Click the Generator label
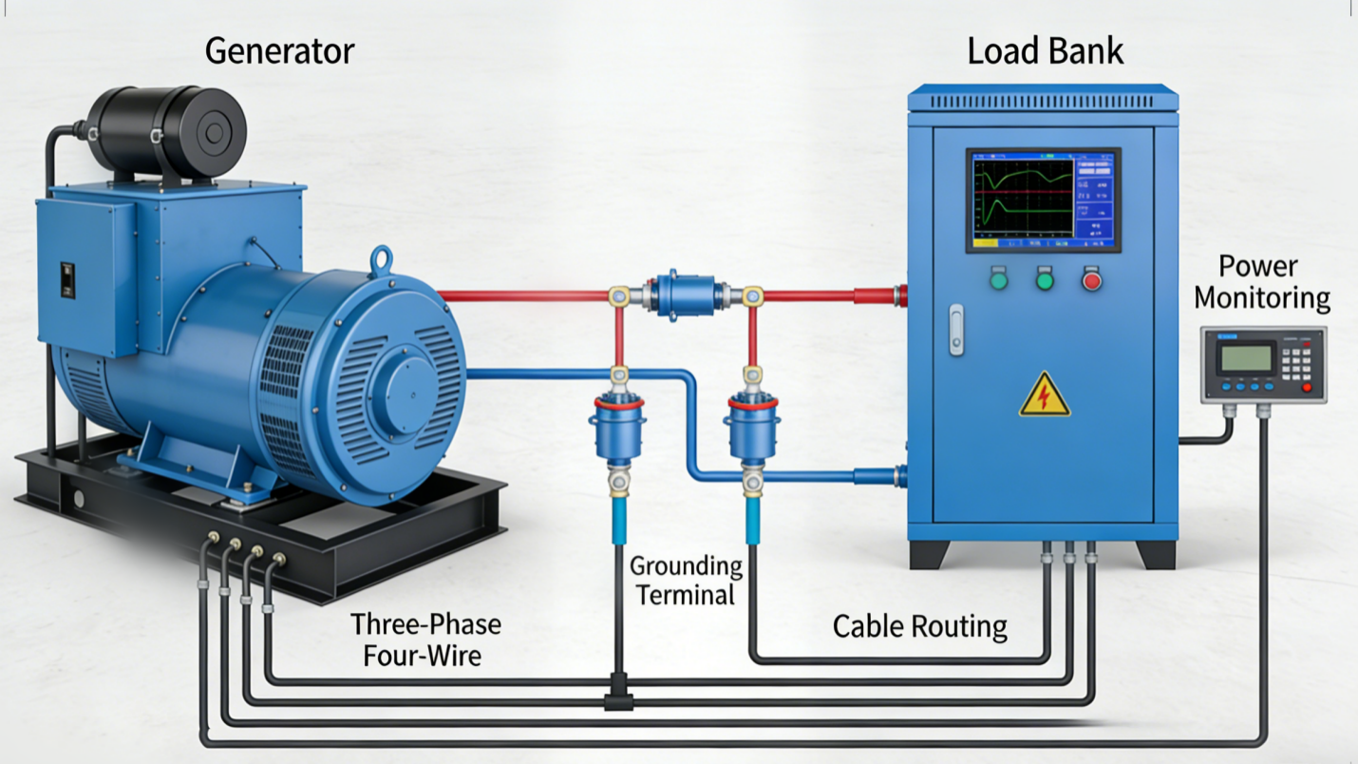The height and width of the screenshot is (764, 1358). click(x=279, y=50)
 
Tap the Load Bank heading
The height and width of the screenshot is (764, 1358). click(x=1045, y=50)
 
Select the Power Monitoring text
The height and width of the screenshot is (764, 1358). click(x=1261, y=282)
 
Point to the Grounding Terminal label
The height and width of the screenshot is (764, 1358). click(x=686, y=581)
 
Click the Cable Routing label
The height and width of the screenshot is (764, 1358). click(x=919, y=626)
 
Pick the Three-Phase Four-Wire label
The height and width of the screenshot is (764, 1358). click(x=424, y=639)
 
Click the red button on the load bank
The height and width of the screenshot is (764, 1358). click(x=1091, y=280)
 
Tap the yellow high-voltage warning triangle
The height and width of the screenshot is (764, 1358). click(x=1045, y=395)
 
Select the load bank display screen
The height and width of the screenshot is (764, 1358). click(x=1043, y=200)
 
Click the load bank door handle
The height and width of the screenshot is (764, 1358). click(x=956, y=330)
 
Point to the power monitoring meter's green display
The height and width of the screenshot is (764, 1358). click(x=1245, y=357)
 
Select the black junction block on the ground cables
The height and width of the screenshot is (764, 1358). click(x=618, y=701)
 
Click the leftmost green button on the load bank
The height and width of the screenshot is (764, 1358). click(x=998, y=280)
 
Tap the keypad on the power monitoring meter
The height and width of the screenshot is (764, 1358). click(x=1296, y=360)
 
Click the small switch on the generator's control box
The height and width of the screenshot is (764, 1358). click(x=67, y=280)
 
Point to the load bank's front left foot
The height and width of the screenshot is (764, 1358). click(x=928, y=554)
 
